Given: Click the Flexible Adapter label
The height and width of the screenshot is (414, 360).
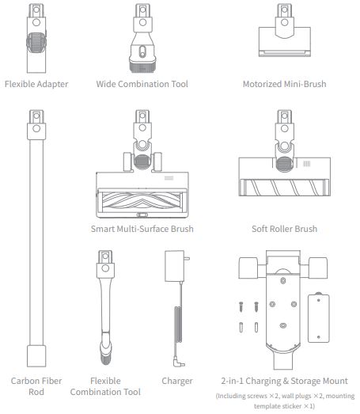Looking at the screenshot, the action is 36,84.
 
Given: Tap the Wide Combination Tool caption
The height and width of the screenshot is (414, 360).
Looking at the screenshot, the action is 142,84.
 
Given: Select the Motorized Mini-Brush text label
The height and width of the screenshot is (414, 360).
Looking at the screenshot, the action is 285,84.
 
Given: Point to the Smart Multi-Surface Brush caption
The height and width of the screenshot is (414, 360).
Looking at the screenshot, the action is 142,229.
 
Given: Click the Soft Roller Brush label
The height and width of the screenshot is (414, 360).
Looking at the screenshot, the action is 285,229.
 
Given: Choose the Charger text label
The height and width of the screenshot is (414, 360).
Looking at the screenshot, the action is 177,382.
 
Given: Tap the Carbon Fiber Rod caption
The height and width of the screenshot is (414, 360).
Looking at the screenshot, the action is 36,386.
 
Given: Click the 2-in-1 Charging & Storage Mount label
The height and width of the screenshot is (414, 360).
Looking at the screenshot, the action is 285,381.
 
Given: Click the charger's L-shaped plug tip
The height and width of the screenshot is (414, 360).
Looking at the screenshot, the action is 179,362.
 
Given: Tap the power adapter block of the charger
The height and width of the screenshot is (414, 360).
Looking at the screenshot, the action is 174,266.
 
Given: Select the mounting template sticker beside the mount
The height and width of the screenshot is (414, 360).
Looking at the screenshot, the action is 319,317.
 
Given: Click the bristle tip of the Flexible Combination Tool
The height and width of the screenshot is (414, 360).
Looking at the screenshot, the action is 105,359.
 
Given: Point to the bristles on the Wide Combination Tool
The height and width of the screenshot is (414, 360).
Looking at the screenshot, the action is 142,67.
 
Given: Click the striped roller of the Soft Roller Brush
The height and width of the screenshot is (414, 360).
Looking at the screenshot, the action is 285,188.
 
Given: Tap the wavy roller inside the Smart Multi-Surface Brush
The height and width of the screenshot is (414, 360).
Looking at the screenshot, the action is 142,203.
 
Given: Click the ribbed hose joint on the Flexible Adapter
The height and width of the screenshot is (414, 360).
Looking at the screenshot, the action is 36,42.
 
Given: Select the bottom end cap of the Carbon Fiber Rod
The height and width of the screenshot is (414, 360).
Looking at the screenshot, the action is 36,356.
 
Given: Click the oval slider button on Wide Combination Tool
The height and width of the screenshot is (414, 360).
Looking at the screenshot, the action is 142,51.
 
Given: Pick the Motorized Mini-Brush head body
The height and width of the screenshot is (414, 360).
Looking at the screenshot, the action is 285,41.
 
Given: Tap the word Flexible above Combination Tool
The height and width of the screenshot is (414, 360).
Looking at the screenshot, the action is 105,381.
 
